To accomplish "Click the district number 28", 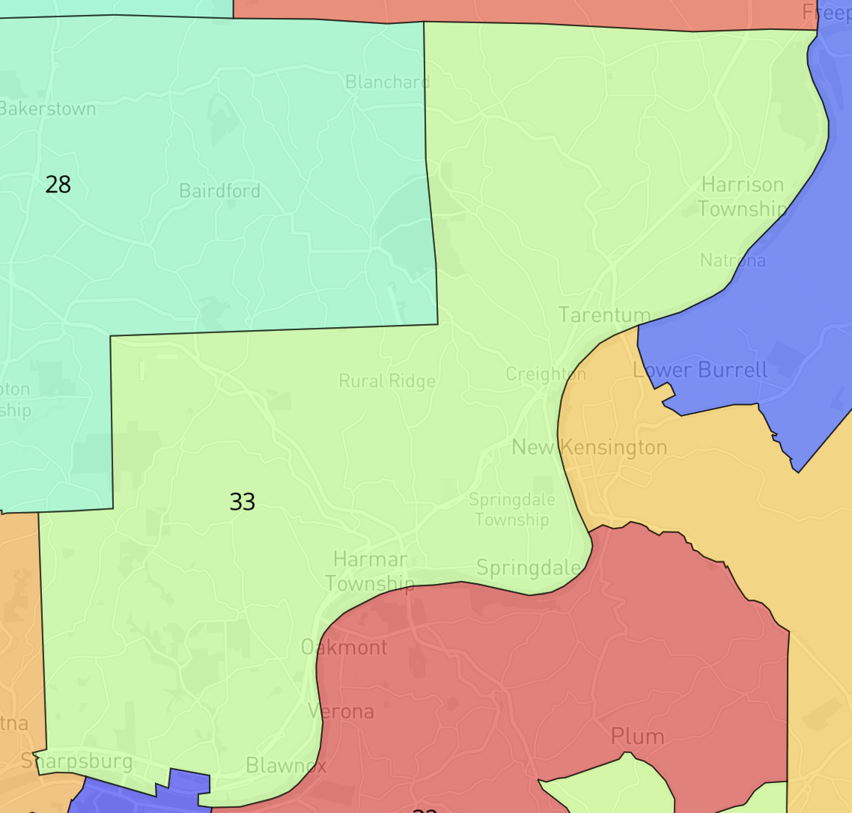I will point(58,184).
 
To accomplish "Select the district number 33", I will point(243,502).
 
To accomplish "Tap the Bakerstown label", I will point(48,109).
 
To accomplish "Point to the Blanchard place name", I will point(387,82).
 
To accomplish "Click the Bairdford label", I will point(219,191).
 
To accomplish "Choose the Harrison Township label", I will point(743,197).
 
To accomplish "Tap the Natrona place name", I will point(733,261).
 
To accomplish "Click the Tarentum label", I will point(605,315).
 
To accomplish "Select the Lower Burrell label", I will point(700,370).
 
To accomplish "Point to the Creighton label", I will point(546,374).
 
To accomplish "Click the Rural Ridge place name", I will point(387,381).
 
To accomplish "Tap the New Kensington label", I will point(589,448).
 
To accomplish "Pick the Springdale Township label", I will point(512,509).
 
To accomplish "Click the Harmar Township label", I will point(370,571).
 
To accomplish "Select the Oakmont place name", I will point(344,648).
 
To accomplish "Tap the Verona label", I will point(341,711).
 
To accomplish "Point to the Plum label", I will point(637,737).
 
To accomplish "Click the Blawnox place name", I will point(286,766).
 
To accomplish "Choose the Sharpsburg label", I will point(77,762).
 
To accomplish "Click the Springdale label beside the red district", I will point(528,568).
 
